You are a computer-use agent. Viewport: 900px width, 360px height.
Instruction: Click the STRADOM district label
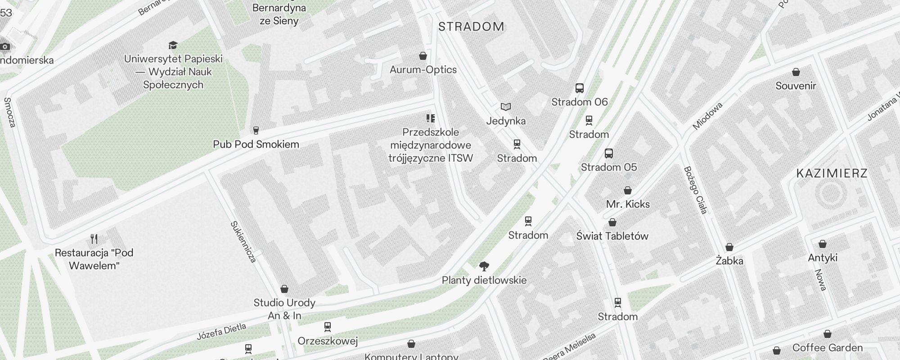tap(471, 27)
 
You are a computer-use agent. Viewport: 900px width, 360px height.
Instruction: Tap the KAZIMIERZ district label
tap(832, 173)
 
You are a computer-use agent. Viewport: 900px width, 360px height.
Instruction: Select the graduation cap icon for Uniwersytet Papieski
tap(173, 45)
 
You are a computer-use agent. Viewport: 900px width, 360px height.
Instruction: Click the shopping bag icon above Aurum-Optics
tap(423, 56)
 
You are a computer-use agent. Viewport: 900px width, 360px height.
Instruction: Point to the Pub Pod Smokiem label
tap(256, 144)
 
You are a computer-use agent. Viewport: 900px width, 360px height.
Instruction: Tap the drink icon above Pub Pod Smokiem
tap(256, 130)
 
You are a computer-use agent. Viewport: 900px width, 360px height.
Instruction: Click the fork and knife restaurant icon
tap(94, 238)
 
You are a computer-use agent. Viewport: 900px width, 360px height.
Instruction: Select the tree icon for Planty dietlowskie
tap(484, 266)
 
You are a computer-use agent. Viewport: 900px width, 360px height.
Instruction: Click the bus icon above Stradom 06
tap(580, 88)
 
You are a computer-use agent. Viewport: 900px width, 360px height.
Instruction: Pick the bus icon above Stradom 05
tap(609, 153)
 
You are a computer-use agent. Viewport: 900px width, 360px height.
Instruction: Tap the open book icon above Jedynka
tap(506, 107)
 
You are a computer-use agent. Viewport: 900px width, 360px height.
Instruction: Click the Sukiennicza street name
tap(243, 242)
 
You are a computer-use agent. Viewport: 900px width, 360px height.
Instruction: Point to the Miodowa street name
tap(707, 116)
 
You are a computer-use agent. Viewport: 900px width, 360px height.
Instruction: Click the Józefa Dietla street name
tap(221, 332)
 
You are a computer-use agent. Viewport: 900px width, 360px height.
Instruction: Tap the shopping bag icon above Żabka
tap(729, 247)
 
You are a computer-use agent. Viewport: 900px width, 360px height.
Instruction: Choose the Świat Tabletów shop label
tap(612, 236)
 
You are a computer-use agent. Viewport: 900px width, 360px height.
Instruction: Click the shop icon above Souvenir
tap(796, 72)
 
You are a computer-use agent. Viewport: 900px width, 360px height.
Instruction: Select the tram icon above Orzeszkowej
tap(327, 326)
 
